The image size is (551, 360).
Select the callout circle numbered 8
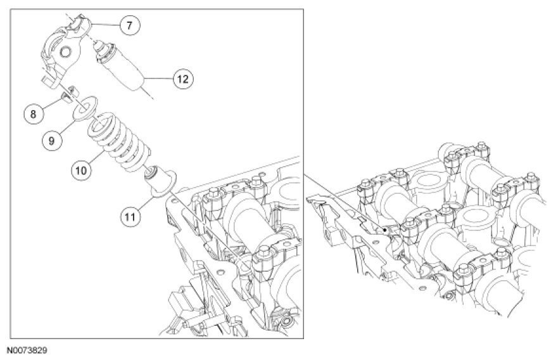33,114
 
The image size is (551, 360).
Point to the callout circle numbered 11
130,216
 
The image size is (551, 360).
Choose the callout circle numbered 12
182,79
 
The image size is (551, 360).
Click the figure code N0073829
28,349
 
